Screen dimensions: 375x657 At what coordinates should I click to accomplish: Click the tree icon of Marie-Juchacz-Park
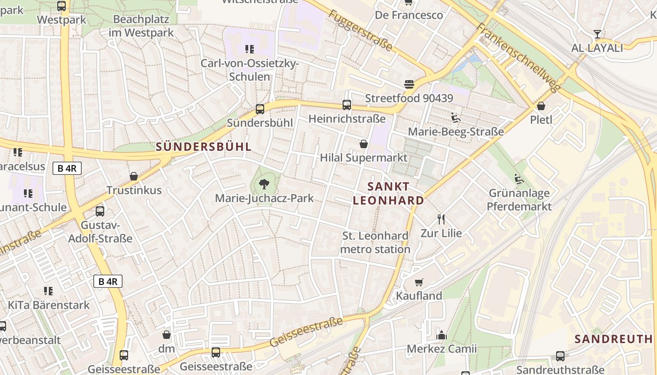tap(264, 184)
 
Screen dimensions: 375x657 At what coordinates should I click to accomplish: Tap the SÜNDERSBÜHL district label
tap(204, 146)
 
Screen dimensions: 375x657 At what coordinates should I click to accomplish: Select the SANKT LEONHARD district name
tap(389, 194)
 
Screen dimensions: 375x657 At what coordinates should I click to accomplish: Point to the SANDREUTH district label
tap(613, 339)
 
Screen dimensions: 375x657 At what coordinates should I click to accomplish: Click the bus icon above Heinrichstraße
tap(347, 105)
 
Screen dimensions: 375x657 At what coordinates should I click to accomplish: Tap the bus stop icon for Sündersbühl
tap(260, 109)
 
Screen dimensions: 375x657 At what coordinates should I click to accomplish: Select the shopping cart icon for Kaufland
tap(419, 282)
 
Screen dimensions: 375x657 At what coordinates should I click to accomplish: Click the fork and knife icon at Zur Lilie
tap(441, 219)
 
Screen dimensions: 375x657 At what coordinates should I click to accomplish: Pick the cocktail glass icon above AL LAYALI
tap(597, 34)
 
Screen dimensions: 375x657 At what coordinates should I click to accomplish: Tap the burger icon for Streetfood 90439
tap(409, 84)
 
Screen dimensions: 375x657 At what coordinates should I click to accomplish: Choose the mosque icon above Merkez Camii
tap(441, 335)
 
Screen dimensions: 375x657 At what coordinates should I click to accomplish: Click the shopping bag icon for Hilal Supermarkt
tap(363, 144)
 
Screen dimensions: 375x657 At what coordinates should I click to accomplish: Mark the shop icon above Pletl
tap(541, 106)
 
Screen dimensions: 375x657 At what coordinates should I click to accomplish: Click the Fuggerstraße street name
tap(360, 30)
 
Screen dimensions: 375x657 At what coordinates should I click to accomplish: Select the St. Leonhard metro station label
tap(375, 242)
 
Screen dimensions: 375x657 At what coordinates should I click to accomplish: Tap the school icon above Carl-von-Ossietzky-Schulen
tap(249, 49)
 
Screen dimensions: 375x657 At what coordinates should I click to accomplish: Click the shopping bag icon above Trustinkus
tap(134, 176)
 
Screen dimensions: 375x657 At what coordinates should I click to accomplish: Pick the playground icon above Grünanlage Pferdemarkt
tap(519, 179)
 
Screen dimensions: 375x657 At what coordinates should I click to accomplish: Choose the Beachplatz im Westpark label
tap(141, 26)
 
